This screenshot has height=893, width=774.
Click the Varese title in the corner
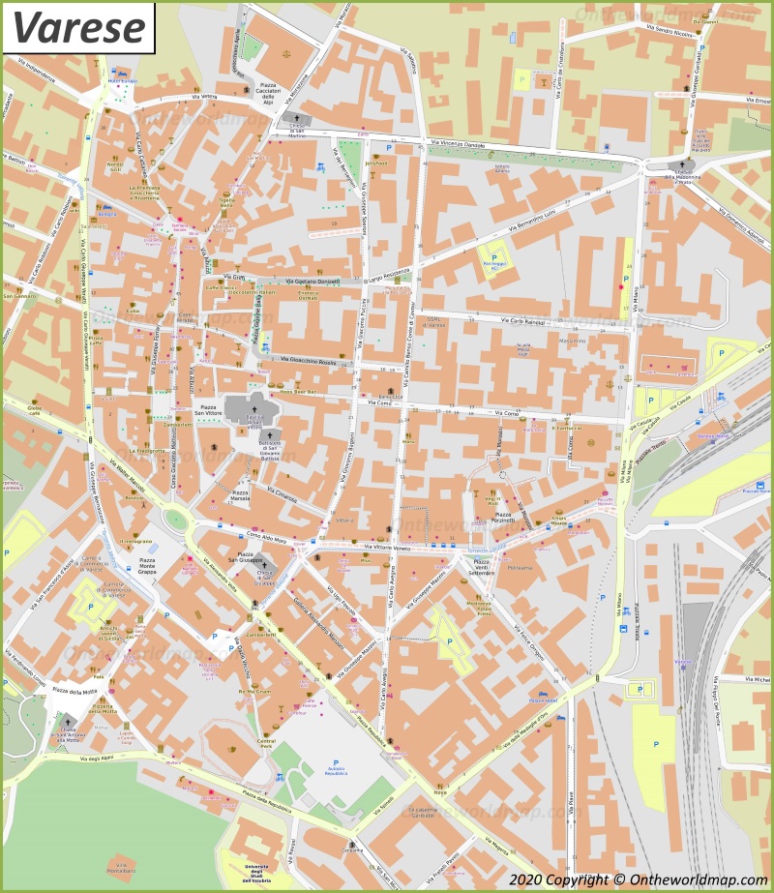(x=78, y=28)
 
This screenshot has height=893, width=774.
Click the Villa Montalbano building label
(x=122, y=868)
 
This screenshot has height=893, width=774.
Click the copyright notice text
(x=639, y=879)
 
